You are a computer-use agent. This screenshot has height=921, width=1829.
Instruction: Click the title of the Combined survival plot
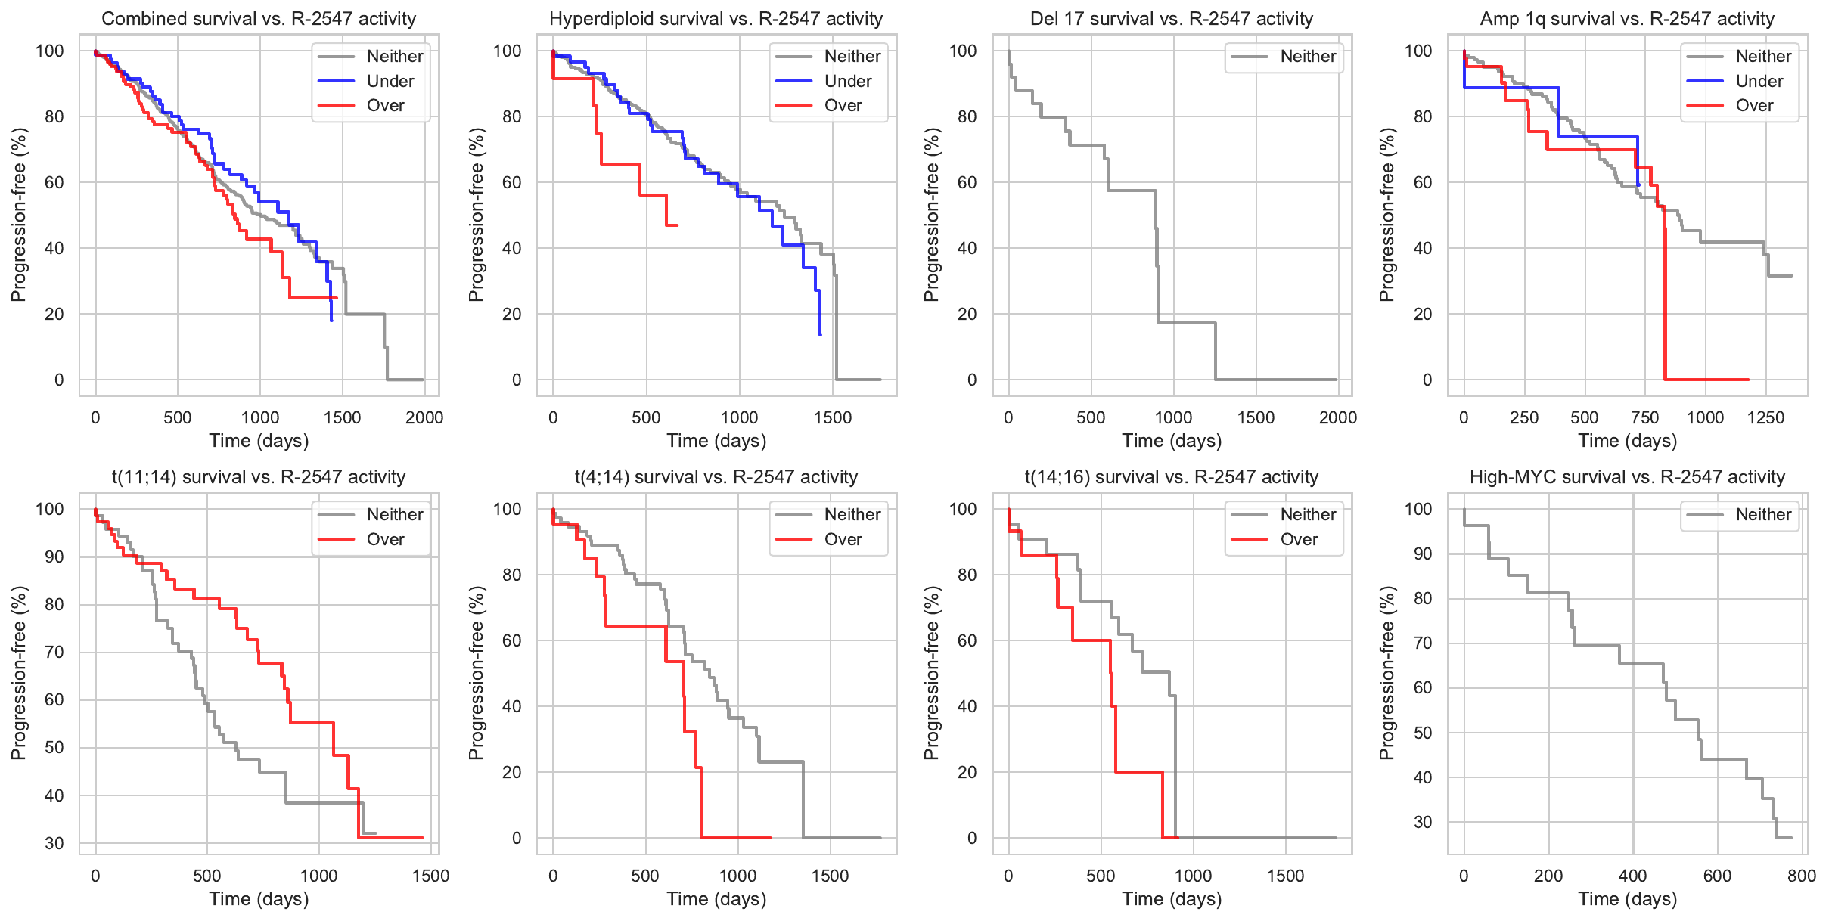coord(259,19)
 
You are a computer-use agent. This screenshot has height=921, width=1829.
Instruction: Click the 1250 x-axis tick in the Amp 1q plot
coord(1765,417)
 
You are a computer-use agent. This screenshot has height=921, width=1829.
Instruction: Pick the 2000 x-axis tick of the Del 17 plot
coord(1337,417)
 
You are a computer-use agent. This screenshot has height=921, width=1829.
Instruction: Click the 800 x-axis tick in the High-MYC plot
coord(1801,876)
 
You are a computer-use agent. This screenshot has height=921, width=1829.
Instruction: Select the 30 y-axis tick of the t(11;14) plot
coord(54,843)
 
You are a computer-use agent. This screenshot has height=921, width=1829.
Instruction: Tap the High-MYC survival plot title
coord(1627,477)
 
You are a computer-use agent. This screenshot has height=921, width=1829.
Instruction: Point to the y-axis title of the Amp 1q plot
coord(1386,215)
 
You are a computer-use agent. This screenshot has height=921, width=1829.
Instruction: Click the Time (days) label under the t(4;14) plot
coord(716,899)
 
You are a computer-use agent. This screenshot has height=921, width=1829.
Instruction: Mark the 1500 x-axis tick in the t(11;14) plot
coord(430,876)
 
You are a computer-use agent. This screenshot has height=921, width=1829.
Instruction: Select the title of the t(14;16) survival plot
coord(1171,477)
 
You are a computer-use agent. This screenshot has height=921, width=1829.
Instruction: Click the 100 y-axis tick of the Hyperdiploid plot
coord(507,51)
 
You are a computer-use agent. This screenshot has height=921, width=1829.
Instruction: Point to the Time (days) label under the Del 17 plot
coord(1172,441)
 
